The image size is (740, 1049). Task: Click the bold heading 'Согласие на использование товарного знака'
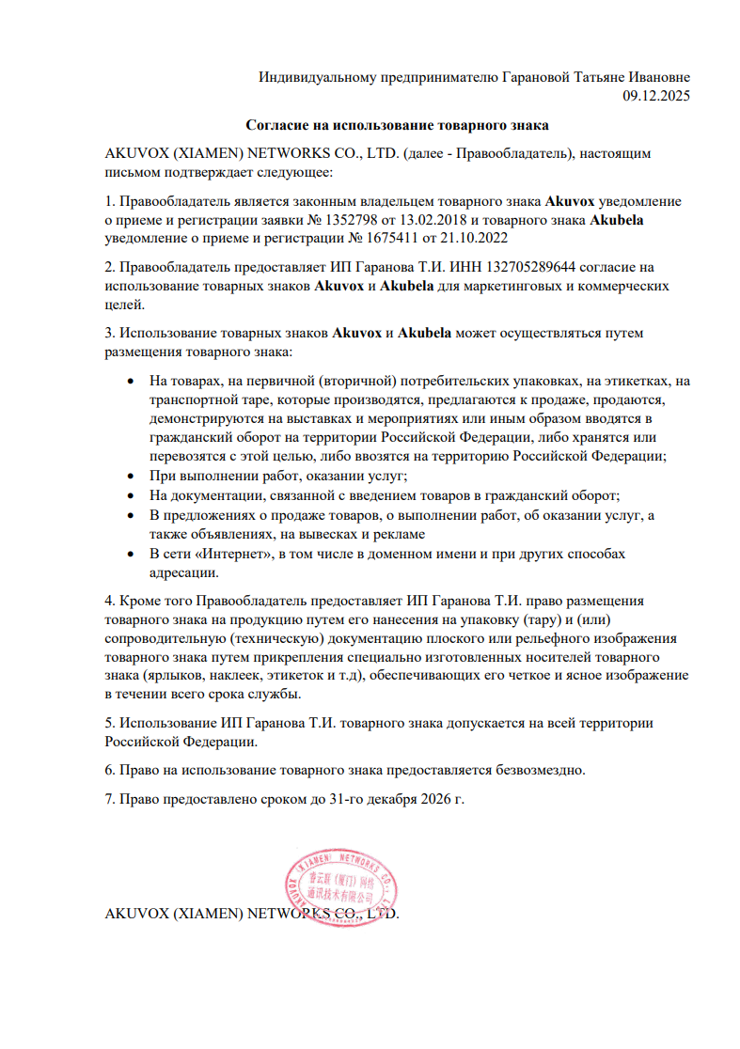397,124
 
